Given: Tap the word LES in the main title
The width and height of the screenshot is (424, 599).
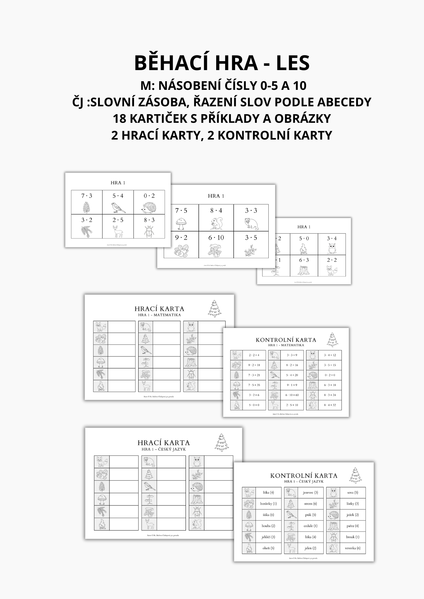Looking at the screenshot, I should pyautogui.click(x=293, y=63).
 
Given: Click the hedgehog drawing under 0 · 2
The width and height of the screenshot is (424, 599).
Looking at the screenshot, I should pyautogui.click(x=149, y=207).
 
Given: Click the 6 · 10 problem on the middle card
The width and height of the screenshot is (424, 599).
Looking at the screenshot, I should pyautogui.click(x=216, y=238).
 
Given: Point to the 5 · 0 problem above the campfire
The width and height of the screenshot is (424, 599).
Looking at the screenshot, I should pyautogui.click(x=304, y=238).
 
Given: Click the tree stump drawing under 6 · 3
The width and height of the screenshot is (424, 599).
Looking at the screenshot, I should pyautogui.click(x=304, y=270).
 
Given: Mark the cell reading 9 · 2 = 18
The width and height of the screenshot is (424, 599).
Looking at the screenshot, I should pyautogui.click(x=254, y=365).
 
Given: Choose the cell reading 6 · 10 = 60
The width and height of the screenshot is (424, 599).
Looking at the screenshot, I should pyautogui.click(x=292, y=395).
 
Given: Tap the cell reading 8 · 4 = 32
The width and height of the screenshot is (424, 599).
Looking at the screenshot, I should pyautogui.click(x=330, y=405).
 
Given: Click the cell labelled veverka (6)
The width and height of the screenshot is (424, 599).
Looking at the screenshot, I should pyautogui.click(x=353, y=548).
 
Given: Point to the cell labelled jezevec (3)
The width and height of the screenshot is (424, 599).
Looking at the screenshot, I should pyautogui.click(x=310, y=492).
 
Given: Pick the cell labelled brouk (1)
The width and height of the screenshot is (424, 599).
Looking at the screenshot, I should pyautogui.click(x=353, y=537).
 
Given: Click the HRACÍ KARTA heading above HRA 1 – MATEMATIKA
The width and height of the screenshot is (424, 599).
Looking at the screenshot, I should pyautogui.click(x=159, y=308).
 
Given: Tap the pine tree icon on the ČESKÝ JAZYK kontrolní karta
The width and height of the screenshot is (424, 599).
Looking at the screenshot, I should pyautogui.click(x=356, y=475).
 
